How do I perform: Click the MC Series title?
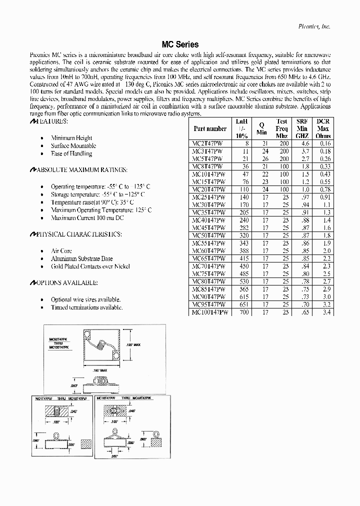(180, 44)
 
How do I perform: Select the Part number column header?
(210, 128)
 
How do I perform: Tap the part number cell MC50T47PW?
(208, 235)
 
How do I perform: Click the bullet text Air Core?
(61, 251)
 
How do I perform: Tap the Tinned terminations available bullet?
(86, 307)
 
